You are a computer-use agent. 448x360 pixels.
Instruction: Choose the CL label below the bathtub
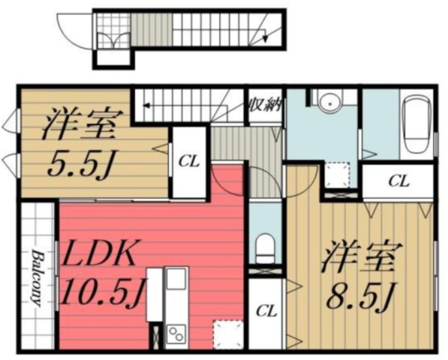(x=398, y=181)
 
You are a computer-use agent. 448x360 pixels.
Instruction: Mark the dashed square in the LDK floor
(x=224, y=330)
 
